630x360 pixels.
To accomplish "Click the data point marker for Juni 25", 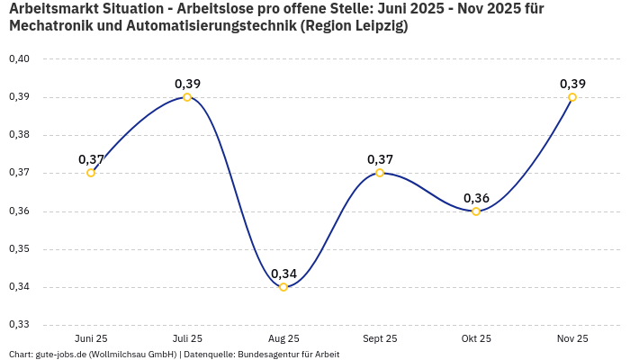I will (91, 173).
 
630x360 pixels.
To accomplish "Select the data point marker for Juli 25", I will (187, 97).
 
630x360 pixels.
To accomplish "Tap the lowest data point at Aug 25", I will (283, 287).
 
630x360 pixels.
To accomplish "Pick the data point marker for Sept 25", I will (380, 173).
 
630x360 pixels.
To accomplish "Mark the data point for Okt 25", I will (476, 211).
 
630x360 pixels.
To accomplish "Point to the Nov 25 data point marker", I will (572, 97).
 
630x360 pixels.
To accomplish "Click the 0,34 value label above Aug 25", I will (283, 274).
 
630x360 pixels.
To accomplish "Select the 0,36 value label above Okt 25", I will (476, 198).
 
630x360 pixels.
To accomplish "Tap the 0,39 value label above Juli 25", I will (187, 84).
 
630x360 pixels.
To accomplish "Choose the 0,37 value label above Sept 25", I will (380, 159).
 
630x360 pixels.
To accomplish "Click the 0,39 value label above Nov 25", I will (572, 84).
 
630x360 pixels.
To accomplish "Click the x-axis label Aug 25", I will (283, 338).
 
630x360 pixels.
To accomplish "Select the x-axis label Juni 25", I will (91, 338).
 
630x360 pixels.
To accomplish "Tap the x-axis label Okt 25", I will (476, 338).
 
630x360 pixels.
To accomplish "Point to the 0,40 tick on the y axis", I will (19, 59).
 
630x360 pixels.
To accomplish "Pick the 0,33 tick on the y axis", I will (19, 325).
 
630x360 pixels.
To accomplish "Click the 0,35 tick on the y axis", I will (19, 249).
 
